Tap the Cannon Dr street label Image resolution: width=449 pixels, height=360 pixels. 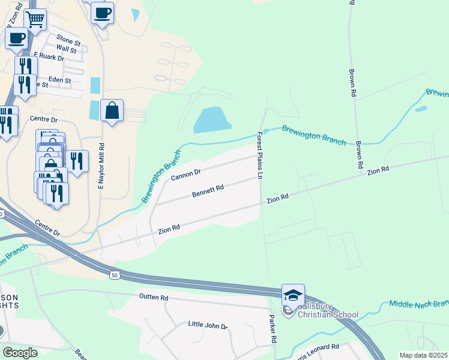click(x=185, y=175)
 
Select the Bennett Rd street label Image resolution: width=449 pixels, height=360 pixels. click(x=208, y=191)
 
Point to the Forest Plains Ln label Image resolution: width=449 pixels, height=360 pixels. click(x=261, y=156)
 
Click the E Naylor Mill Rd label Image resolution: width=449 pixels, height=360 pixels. click(x=101, y=166)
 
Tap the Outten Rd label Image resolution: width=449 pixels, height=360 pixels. click(x=154, y=298)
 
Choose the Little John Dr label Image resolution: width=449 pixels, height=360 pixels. click(x=208, y=326)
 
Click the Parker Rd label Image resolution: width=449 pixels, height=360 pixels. click(x=273, y=329)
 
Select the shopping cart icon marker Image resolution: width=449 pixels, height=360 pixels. click(x=35, y=19)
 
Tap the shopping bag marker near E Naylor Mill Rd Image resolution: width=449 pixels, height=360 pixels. click(x=112, y=110)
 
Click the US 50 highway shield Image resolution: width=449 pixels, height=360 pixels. click(x=115, y=275)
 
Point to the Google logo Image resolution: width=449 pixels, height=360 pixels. click(x=20, y=353)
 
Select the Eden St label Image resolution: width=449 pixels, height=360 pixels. click(x=59, y=80)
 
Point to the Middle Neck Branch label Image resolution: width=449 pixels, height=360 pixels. click(x=418, y=304)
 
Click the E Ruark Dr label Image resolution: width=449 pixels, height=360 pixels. click(x=49, y=57)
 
